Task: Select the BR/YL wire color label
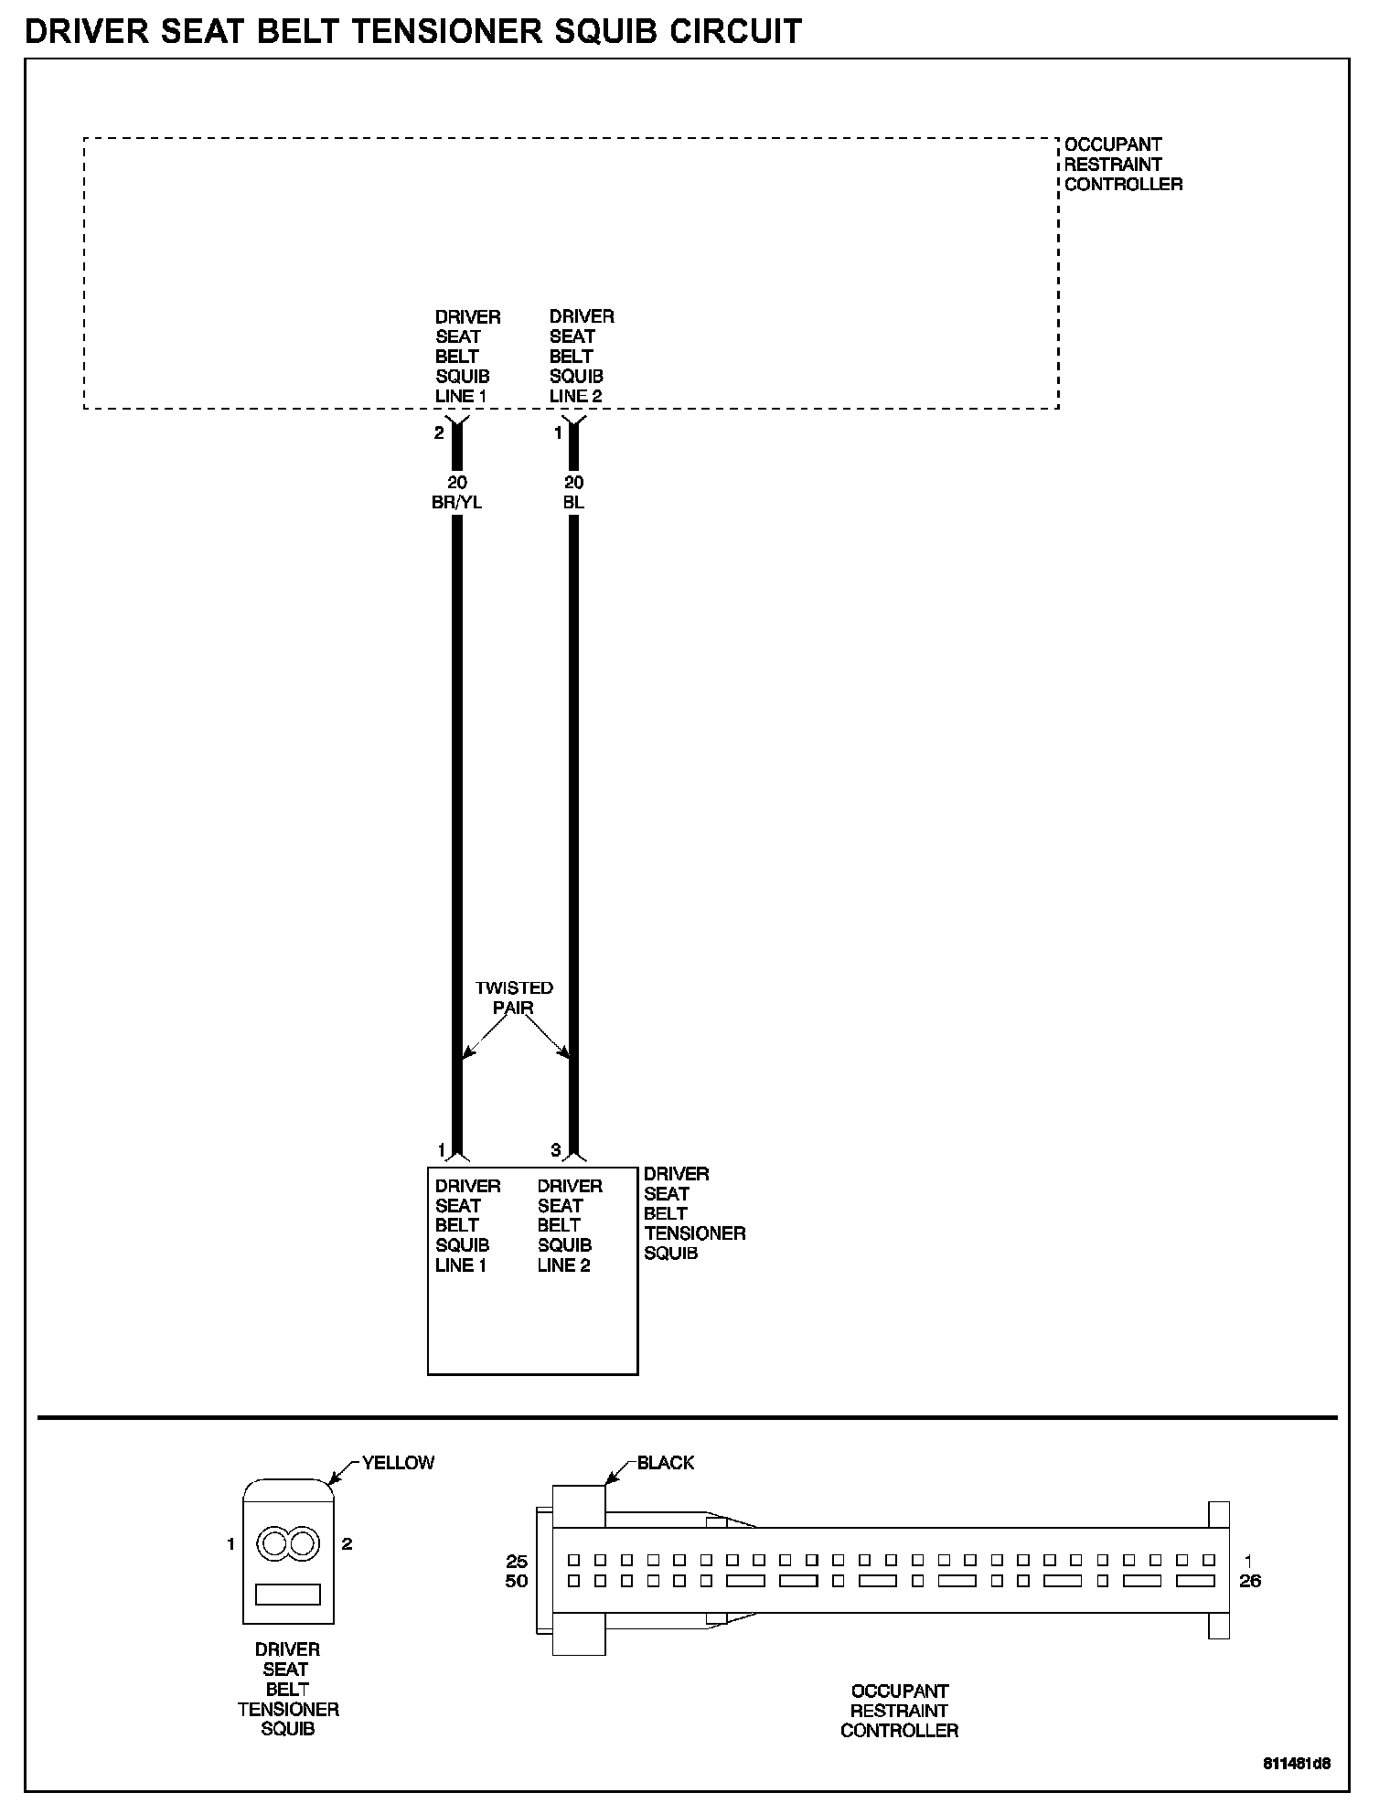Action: tap(456, 502)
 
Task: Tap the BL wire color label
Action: tap(573, 502)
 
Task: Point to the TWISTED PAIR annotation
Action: tap(514, 998)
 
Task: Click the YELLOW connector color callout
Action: tap(398, 1463)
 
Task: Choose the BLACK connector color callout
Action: tap(665, 1463)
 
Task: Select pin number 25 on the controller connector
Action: tap(517, 1562)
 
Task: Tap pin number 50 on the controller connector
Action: tap(517, 1581)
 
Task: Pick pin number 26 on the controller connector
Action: tap(1249, 1581)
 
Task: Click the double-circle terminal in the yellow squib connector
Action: tap(288, 1544)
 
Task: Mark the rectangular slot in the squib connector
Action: tap(288, 1595)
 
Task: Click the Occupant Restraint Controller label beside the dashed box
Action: tap(1122, 165)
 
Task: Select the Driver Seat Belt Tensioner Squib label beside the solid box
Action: tap(694, 1213)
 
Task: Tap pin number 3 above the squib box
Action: tap(555, 1150)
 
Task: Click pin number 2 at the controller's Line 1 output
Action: tap(439, 433)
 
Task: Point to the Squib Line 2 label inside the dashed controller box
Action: tap(581, 357)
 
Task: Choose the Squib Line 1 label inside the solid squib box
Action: tap(467, 1225)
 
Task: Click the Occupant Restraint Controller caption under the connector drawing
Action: tap(899, 1711)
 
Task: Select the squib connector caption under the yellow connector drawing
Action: tap(287, 1689)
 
